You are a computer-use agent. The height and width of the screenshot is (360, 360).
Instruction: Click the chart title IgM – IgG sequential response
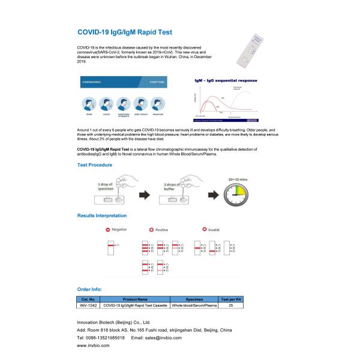[x=226, y=80]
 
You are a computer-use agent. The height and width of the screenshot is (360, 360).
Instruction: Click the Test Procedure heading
[x=98, y=164]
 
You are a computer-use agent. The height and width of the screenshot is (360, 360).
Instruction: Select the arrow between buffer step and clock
[x=202, y=195]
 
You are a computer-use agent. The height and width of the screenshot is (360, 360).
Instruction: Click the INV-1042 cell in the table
[x=88, y=305]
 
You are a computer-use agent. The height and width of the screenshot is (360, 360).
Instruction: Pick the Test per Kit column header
[x=232, y=298]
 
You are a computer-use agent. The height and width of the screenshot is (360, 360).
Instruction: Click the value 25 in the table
[x=232, y=305]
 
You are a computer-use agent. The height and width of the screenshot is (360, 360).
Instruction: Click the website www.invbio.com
[x=93, y=346]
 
